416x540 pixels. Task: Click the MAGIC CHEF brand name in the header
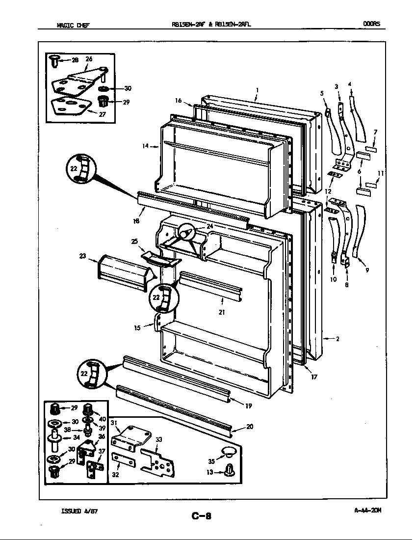click(x=73, y=25)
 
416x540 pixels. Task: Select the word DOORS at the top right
click(x=371, y=24)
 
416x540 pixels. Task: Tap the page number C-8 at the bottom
click(x=201, y=515)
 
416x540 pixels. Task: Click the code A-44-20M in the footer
click(x=367, y=510)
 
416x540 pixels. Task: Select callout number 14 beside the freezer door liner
click(x=146, y=146)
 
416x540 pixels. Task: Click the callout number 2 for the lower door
click(x=338, y=339)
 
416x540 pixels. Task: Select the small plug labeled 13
click(x=229, y=471)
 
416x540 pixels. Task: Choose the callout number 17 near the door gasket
click(x=313, y=377)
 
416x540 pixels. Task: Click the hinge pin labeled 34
click(x=55, y=438)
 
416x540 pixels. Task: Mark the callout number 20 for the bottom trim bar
click(x=249, y=427)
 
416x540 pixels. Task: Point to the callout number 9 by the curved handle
click(x=367, y=270)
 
